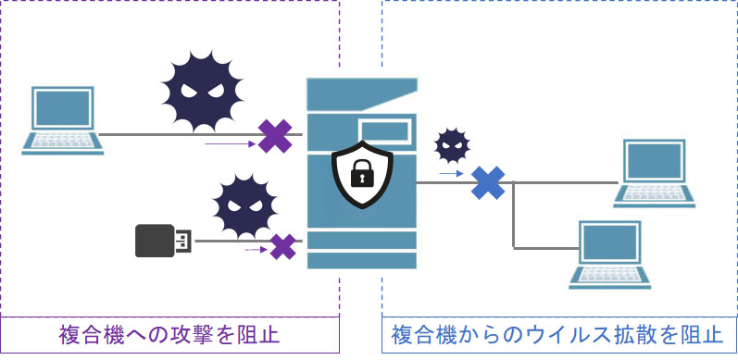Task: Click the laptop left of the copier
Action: coord(63,120)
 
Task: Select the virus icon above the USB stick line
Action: coord(244,205)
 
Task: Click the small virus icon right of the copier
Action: coord(452,145)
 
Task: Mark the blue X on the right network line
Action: coord(488,182)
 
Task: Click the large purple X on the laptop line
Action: coord(275,136)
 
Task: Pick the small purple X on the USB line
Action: coord(282,247)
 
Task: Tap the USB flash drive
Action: coord(163,241)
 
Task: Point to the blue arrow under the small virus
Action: coord(451,174)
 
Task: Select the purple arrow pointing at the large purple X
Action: coord(231,143)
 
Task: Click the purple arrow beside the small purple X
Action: coord(256,250)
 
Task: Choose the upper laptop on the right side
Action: coord(655,173)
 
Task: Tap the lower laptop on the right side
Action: coord(610,254)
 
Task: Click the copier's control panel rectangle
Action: coord(384,130)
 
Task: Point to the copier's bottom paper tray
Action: coord(362,261)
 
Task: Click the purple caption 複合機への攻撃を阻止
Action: coord(169,335)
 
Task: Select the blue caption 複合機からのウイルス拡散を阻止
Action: coord(557,335)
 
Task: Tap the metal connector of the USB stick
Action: coord(183,241)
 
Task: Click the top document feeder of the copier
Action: coord(362,94)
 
